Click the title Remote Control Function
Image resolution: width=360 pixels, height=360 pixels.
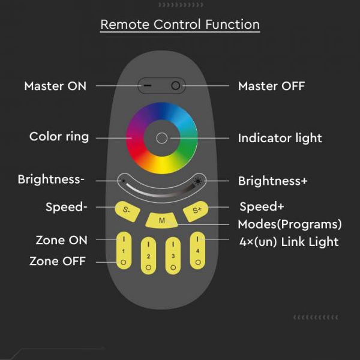180,25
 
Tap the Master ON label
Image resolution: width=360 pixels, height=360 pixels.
55,86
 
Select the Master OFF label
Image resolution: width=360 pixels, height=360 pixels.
271,86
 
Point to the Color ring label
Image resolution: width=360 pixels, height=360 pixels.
59,137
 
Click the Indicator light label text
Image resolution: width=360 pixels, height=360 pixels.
280,138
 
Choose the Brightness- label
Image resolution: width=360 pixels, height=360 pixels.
51,179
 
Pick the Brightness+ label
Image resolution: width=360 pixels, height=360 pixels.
272,181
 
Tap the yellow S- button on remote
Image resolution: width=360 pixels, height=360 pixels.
127,210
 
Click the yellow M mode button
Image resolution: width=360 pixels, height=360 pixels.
161,220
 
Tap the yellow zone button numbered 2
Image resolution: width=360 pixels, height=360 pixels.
148,256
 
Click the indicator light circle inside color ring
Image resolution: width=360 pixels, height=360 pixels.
161,137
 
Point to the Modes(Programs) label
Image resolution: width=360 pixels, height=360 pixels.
290,224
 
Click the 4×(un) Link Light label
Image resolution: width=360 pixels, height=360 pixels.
288,242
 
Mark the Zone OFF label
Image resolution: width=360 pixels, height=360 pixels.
58,261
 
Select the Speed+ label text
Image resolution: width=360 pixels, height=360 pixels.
262,206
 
